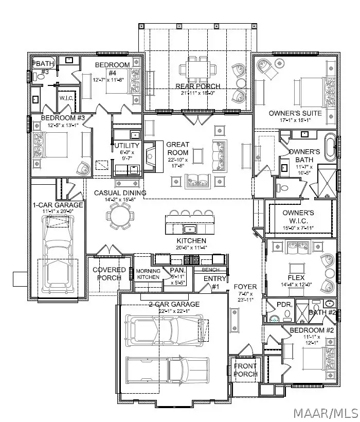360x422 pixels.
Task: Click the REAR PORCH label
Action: (x=198, y=86)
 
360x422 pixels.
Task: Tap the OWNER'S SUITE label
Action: (x=295, y=113)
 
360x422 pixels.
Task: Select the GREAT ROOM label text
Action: (x=177, y=149)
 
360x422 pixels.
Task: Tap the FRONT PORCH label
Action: (x=245, y=370)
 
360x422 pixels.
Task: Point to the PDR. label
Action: (x=284, y=305)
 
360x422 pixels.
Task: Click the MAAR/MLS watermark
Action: (x=322, y=411)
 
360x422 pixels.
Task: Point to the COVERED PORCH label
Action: (x=109, y=273)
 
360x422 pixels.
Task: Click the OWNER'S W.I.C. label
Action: (x=299, y=217)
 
